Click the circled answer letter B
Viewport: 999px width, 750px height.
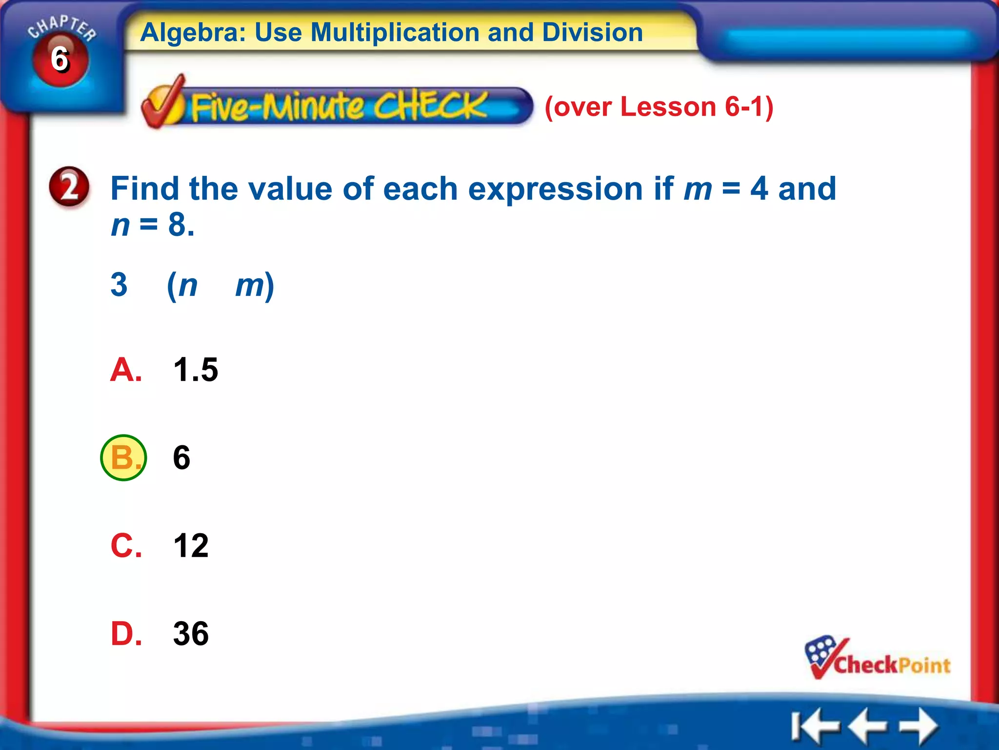(x=123, y=458)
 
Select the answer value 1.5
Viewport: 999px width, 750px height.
(x=196, y=370)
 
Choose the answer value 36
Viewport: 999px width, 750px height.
(x=191, y=634)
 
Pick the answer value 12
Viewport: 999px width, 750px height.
(x=191, y=545)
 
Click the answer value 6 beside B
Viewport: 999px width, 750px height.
(x=181, y=458)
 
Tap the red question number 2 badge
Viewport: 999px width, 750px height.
(x=69, y=187)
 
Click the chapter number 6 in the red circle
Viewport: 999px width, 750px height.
(x=60, y=60)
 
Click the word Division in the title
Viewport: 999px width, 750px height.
(x=592, y=33)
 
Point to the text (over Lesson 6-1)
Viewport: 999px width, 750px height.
(x=659, y=106)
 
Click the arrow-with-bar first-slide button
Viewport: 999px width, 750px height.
(x=815, y=726)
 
